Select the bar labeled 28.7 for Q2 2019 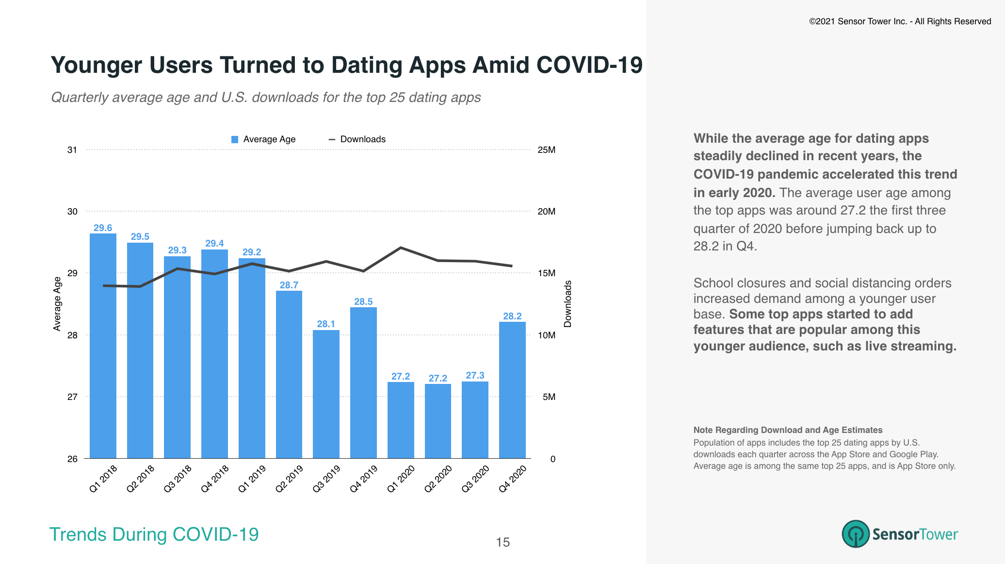(289, 374)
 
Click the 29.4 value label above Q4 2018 (214, 243)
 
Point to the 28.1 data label (326, 324)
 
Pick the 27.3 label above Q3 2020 (475, 375)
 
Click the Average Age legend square (235, 139)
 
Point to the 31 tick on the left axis (72, 149)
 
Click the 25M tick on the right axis (546, 149)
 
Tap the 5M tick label (549, 397)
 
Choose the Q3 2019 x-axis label (326, 479)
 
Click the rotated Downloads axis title (567, 304)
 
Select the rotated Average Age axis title (57, 304)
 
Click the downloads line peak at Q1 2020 (401, 248)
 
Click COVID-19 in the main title (589, 65)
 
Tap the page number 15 (502, 542)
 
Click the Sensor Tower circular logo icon (855, 534)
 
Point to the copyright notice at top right (900, 21)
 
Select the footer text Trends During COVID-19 (154, 534)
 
